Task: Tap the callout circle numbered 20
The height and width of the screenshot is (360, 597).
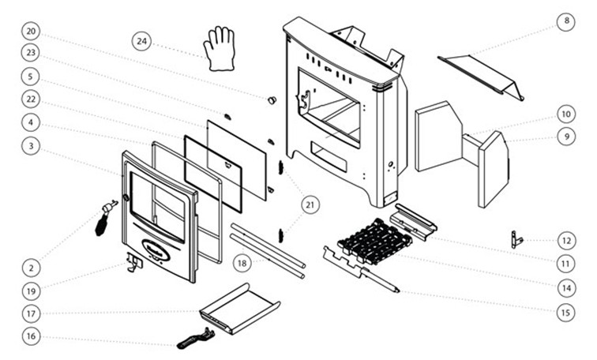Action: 31,32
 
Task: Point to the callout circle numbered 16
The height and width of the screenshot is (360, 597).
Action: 31,337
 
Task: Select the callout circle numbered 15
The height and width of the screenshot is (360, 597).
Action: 565,313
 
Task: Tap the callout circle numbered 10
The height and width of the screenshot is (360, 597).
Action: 565,113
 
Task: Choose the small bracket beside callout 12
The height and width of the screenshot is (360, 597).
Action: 516,238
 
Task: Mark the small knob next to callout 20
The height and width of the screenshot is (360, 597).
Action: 272,100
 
